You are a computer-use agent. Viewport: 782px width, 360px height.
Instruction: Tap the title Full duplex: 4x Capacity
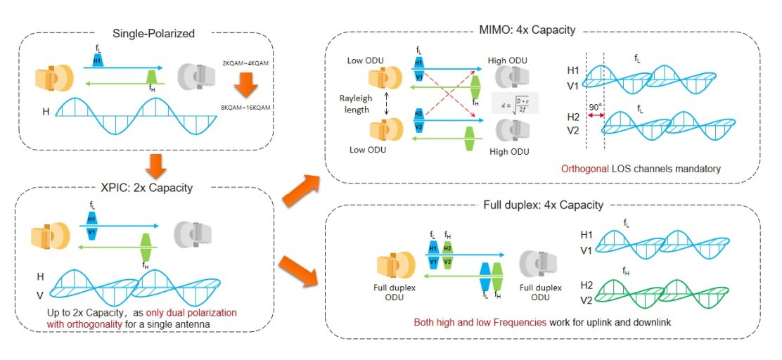click(544, 205)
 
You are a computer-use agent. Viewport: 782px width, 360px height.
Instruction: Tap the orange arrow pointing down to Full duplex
click(300, 273)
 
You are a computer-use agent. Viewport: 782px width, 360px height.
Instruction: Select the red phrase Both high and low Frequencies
click(479, 322)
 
